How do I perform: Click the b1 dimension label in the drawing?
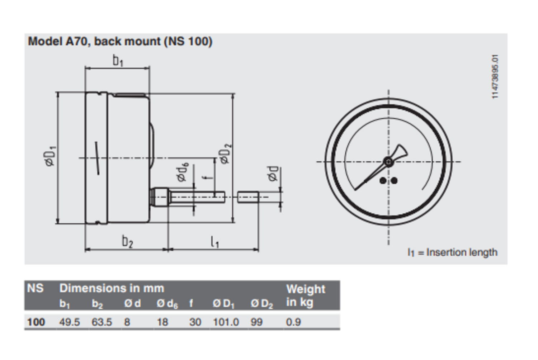pyautogui.click(x=118, y=61)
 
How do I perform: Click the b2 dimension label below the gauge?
pyautogui.click(x=127, y=241)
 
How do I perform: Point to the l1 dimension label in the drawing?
pyautogui.click(x=214, y=242)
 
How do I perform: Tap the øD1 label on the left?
pyautogui.click(x=50, y=156)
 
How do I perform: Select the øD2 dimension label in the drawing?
pyautogui.click(x=226, y=154)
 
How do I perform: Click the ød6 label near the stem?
pyautogui.click(x=183, y=172)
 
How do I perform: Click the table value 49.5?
pyautogui.click(x=70, y=322)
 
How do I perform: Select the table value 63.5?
pyautogui.click(x=102, y=322)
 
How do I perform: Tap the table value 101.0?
pyautogui.click(x=226, y=322)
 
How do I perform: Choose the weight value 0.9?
pyautogui.click(x=293, y=322)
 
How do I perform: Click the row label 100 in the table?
pyautogui.click(x=36, y=322)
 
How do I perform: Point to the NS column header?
pyautogui.click(x=35, y=288)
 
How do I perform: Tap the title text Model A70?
pyautogui.click(x=57, y=42)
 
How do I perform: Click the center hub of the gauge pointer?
pyautogui.click(x=388, y=162)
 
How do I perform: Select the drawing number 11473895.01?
pyautogui.click(x=495, y=77)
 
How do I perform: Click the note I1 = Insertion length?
pyautogui.click(x=452, y=252)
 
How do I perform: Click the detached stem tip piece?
pyautogui.click(x=248, y=197)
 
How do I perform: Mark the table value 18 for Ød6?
pyautogui.click(x=162, y=322)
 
